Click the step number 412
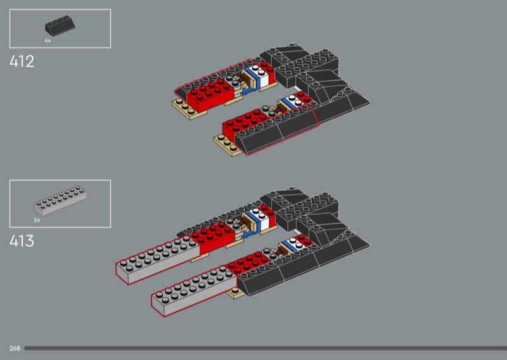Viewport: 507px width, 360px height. coord(22,61)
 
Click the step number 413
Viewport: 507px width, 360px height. coord(22,241)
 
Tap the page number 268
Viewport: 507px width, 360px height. coord(15,348)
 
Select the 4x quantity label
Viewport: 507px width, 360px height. coord(48,41)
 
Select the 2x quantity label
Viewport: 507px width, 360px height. coord(37,220)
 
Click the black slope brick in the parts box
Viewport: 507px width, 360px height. coord(60,25)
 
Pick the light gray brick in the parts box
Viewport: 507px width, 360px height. coord(60,200)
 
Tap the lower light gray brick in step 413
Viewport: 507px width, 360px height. coord(194,290)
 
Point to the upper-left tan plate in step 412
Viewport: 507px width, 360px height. coord(188,109)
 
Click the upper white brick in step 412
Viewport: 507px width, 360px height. coord(261,76)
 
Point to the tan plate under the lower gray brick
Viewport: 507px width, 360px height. coord(235,293)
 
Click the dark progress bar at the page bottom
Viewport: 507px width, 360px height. coord(266,349)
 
